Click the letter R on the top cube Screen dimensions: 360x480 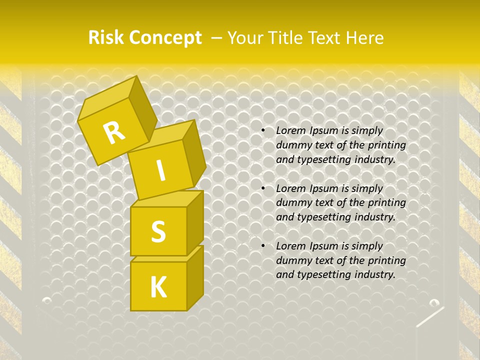point(114,132)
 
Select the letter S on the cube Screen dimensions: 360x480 point(158,231)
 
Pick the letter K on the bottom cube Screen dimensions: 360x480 point(158,287)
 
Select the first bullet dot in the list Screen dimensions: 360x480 point(263,131)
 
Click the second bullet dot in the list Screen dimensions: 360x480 point(263,189)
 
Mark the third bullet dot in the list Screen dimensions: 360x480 point(263,246)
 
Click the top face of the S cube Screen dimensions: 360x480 point(165,199)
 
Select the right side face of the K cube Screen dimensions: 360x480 point(195,277)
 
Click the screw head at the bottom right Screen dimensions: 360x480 point(434,302)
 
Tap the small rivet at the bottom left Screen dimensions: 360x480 point(47,300)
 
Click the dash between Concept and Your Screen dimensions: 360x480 point(216,38)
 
